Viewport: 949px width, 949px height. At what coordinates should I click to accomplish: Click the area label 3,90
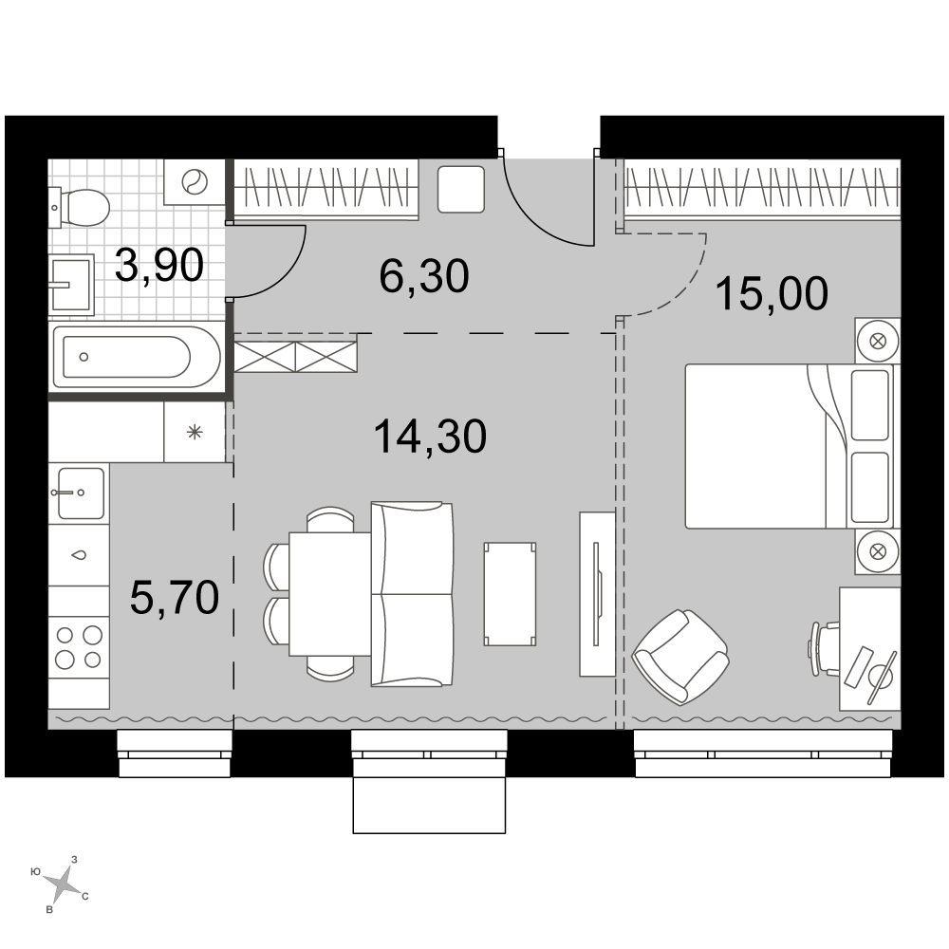[x=159, y=266]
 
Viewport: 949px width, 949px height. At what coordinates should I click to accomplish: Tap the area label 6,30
[x=424, y=276]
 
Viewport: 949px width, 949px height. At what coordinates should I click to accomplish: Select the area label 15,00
[x=772, y=293]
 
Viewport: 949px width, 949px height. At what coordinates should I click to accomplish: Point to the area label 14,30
[x=430, y=437]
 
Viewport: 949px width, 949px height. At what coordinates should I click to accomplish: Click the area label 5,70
[x=175, y=597]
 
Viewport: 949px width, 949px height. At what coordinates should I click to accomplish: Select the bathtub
[x=137, y=357]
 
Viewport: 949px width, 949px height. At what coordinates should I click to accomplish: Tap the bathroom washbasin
[x=71, y=285]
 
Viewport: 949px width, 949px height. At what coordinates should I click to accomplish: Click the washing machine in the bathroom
[x=195, y=181]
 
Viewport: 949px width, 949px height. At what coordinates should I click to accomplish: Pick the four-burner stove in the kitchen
[x=79, y=647]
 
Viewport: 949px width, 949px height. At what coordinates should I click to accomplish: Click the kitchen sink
[x=80, y=493]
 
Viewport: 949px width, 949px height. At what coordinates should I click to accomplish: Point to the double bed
[x=789, y=446]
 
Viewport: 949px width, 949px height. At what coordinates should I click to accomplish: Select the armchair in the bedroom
[x=679, y=657]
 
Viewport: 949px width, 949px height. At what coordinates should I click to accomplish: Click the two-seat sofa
[x=412, y=594]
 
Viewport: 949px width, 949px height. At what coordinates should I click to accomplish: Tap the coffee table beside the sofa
[x=510, y=594]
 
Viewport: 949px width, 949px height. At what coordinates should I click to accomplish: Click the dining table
[x=330, y=594]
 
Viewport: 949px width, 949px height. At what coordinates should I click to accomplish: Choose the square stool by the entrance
[x=461, y=190]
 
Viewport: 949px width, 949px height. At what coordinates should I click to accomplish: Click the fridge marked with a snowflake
[x=195, y=432]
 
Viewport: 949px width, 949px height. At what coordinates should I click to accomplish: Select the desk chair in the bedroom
[x=823, y=648]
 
